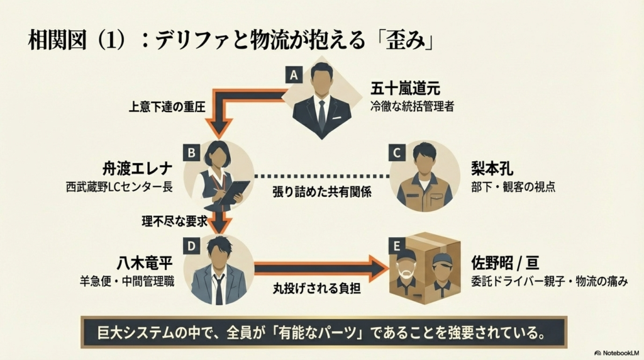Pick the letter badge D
(191, 244)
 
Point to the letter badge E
(397, 244)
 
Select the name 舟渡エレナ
(131, 171)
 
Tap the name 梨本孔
(494, 171)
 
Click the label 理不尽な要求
(162, 221)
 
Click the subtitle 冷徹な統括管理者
(412, 106)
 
